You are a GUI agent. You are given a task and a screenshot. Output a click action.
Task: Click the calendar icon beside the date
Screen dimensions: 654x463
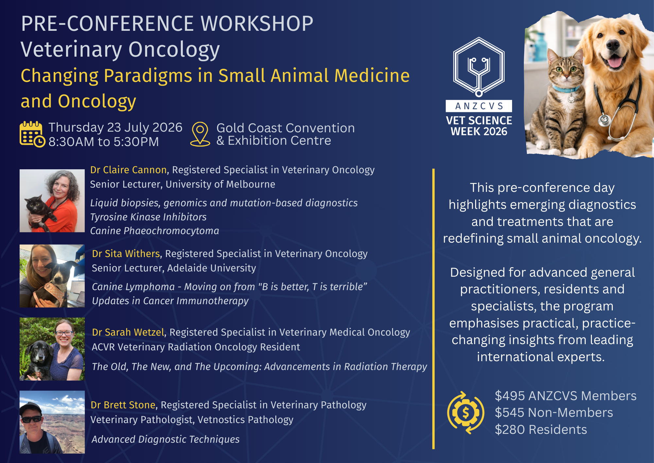pyautogui.click(x=32, y=134)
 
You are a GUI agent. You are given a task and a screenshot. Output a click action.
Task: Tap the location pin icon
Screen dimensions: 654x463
pyautogui.click(x=200, y=134)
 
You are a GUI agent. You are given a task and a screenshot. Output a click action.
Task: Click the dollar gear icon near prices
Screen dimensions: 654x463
pyautogui.click(x=465, y=413)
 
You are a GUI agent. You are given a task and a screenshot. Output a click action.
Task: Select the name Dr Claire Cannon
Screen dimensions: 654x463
pyautogui.click(x=129, y=170)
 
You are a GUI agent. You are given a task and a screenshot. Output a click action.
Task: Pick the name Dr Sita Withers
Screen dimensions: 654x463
pyautogui.click(x=126, y=254)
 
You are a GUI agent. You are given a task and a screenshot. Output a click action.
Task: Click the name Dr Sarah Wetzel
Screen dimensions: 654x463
pyautogui.click(x=128, y=332)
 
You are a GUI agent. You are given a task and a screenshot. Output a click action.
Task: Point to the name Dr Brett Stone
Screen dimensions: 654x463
pyautogui.click(x=123, y=405)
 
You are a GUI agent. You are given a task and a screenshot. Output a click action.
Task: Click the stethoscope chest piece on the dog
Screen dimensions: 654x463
pyautogui.click(x=604, y=120)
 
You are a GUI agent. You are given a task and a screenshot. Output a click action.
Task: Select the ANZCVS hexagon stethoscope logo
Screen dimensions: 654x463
pyautogui.click(x=479, y=67)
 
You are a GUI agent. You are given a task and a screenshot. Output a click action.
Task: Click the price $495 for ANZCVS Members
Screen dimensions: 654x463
pyautogui.click(x=511, y=396)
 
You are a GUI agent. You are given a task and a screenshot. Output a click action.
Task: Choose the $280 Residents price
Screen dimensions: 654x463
pyautogui.click(x=541, y=430)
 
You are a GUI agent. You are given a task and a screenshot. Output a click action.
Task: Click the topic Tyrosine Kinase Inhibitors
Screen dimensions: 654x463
pyautogui.click(x=148, y=217)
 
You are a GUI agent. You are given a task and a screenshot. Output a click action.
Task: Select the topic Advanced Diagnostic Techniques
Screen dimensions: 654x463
pyautogui.click(x=165, y=439)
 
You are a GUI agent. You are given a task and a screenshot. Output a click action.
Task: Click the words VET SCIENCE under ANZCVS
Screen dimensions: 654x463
pyautogui.click(x=479, y=120)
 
